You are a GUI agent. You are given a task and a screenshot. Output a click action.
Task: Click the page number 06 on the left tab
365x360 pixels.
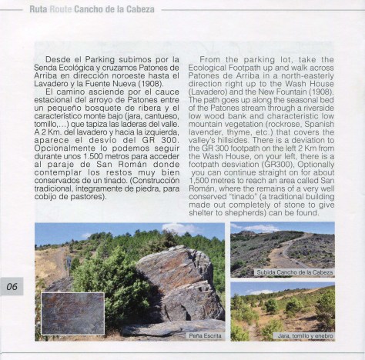click(12, 287)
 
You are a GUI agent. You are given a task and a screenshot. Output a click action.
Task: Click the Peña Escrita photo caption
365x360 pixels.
click(204, 335)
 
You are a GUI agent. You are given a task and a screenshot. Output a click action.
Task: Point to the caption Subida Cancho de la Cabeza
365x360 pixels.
click(295, 272)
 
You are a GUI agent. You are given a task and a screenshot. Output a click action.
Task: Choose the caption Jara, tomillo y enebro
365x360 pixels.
click(306, 335)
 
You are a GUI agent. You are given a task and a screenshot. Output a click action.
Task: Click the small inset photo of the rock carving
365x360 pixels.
click(72, 313)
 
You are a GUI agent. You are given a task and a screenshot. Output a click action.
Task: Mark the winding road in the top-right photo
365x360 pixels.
click(293, 246)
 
